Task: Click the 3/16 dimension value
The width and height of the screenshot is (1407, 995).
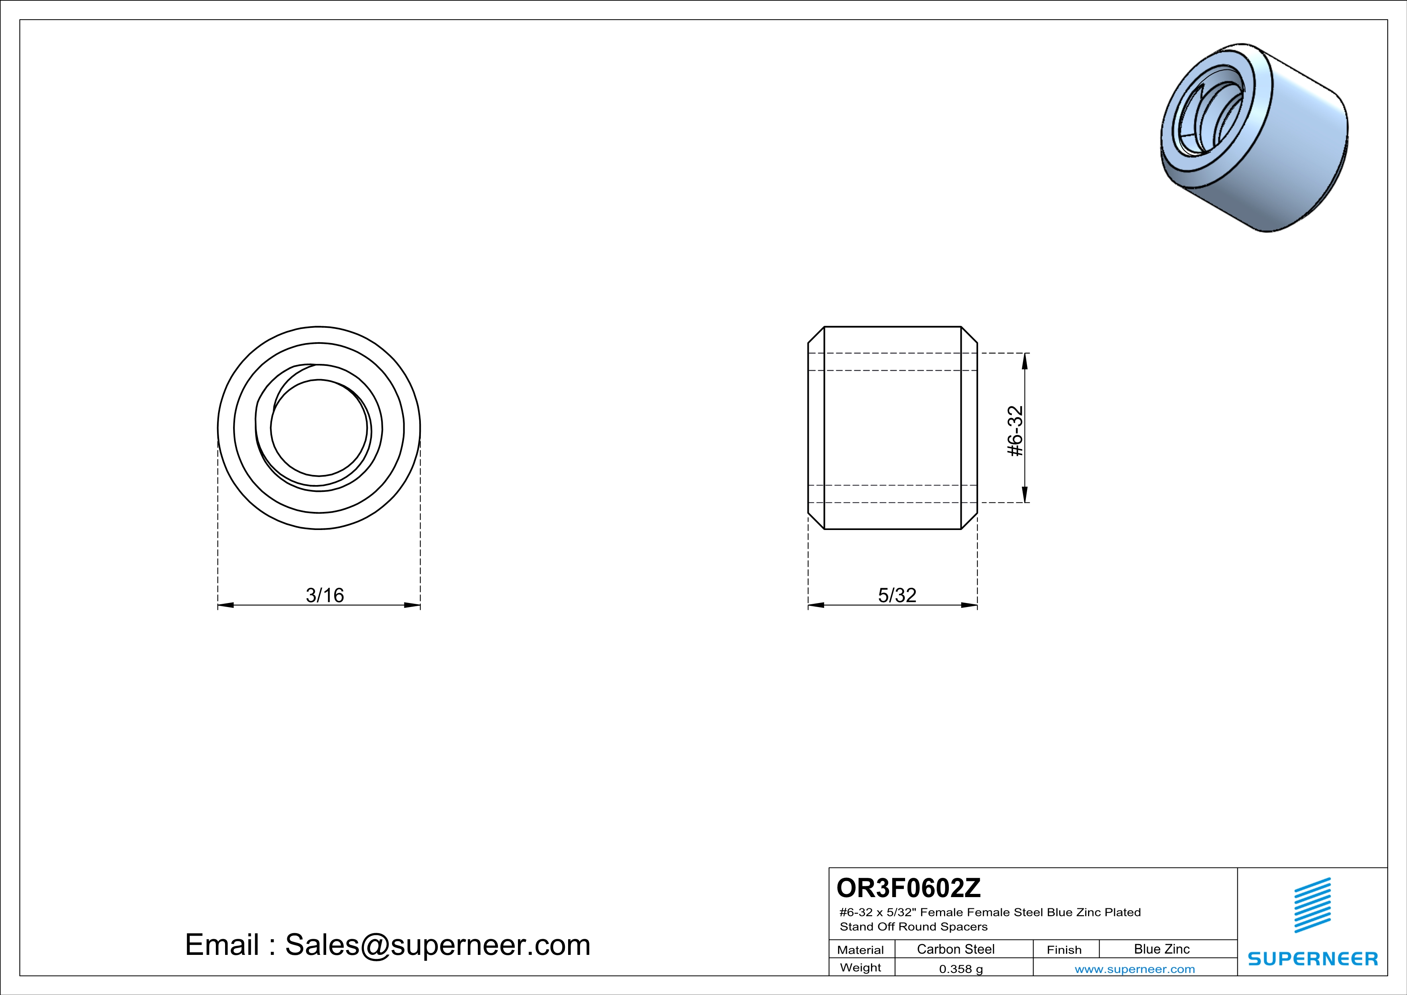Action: click(x=325, y=595)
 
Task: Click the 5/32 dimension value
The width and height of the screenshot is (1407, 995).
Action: click(x=897, y=595)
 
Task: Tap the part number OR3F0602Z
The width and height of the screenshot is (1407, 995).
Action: click(x=908, y=888)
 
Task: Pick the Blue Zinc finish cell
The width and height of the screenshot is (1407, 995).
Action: click(x=1162, y=949)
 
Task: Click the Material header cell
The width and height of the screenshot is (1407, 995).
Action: click(x=861, y=950)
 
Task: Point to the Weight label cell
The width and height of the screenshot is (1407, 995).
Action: click(x=861, y=967)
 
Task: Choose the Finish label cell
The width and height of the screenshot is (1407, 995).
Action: click(x=1064, y=950)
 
